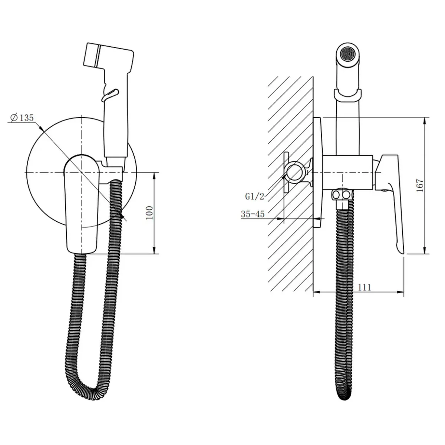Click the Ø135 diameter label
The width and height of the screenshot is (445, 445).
pos(22,118)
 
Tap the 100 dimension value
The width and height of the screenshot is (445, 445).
pos(150,213)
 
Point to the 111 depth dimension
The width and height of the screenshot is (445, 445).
pos(365,287)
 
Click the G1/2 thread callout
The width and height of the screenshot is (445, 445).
pos(254,197)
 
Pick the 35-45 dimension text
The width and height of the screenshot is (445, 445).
pos(253,214)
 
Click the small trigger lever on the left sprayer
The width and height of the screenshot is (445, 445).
pos(110,95)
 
